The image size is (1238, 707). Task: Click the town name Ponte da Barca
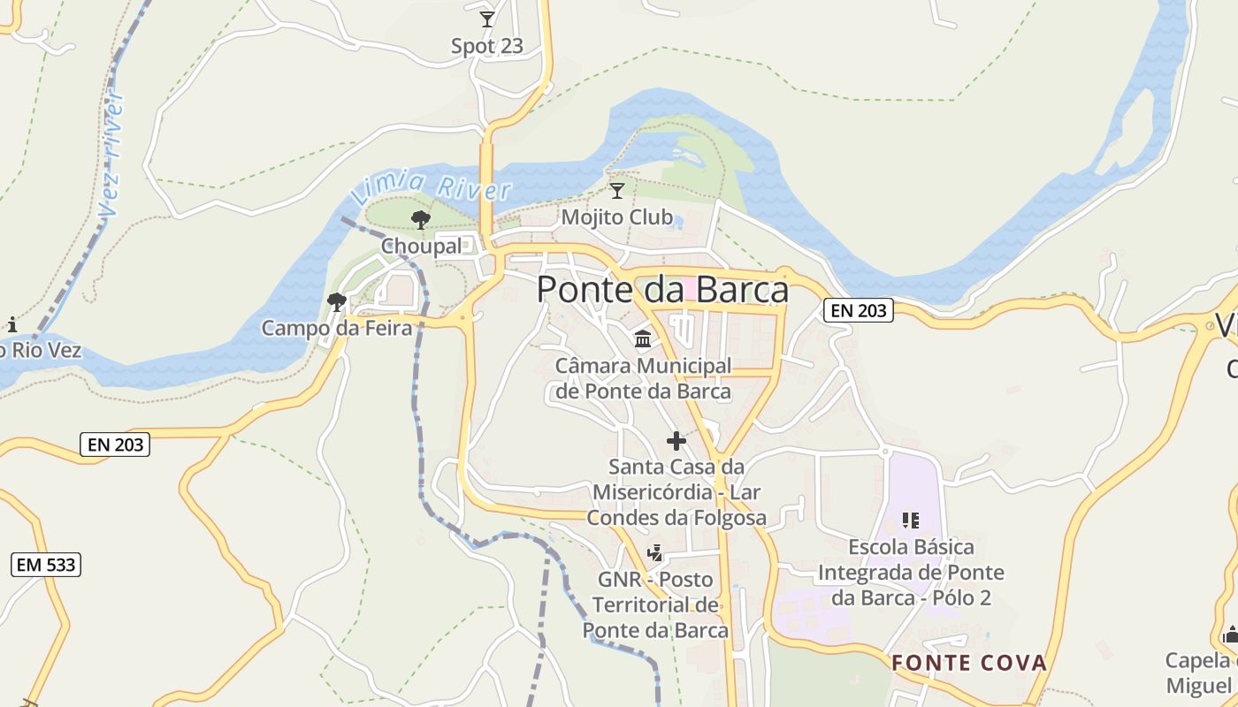(x=662, y=290)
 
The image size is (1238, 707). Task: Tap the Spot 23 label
(x=487, y=46)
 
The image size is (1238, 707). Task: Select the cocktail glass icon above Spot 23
(x=487, y=19)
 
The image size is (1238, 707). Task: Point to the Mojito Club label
(x=617, y=217)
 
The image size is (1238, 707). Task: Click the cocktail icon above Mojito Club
(x=617, y=190)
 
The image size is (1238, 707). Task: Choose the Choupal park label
(x=421, y=247)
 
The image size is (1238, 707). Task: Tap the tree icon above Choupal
(x=421, y=219)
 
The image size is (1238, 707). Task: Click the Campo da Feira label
(x=337, y=329)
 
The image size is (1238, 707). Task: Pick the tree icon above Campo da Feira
(x=337, y=302)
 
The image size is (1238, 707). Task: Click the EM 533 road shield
(x=47, y=564)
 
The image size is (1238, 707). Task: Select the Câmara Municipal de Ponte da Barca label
(x=643, y=378)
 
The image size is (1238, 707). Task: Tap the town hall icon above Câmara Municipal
(x=643, y=339)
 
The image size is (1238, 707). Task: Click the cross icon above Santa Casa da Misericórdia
(x=676, y=440)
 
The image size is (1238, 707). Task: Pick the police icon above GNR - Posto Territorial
(x=655, y=553)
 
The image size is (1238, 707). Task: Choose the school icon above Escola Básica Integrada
(x=911, y=520)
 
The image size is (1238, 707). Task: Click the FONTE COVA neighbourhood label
(x=968, y=663)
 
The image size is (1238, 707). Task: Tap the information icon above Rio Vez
(x=12, y=323)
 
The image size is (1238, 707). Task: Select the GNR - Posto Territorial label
(x=655, y=605)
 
